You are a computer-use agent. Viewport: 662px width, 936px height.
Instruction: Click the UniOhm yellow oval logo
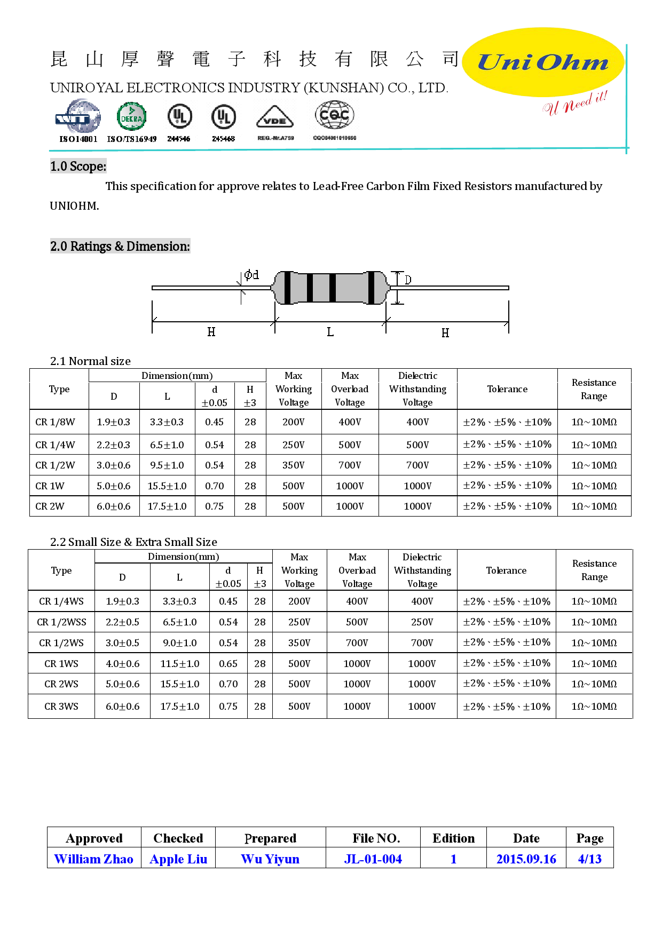[542, 62]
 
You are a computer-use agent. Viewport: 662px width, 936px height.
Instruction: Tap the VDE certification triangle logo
[275, 117]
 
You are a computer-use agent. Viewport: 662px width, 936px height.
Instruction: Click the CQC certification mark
[335, 115]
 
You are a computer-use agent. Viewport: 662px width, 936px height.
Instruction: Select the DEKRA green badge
[131, 117]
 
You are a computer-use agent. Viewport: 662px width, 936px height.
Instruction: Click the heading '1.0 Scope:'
[78, 166]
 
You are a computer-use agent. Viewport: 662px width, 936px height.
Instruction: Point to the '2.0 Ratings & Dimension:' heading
[120, 247]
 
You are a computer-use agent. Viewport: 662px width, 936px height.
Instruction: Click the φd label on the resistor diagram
[251, 275]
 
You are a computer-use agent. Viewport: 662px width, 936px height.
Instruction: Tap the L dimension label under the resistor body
[330, 332]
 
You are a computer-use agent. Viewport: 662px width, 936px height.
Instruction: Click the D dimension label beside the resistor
[408, 280]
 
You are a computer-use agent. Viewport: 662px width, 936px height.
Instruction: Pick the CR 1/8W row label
[55, 422]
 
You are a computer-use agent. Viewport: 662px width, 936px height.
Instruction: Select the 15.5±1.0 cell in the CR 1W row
[167, 486]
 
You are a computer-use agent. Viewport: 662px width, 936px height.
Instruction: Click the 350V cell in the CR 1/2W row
[294, 465]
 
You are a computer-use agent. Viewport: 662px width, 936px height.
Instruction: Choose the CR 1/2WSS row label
[61, 622]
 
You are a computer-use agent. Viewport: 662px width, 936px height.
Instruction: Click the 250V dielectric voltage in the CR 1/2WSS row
[422, 622]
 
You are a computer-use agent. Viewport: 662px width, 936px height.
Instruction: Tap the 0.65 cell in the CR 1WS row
[228, 664]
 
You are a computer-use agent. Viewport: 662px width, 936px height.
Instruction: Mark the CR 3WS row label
[61, 707]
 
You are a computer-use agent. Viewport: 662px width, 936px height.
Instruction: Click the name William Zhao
[94, 859]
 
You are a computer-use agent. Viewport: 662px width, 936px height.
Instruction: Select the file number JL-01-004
[373, 859]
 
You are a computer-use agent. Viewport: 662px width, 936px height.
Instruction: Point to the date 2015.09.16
[526, 859]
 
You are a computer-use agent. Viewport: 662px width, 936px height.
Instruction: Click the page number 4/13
[589, 859]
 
